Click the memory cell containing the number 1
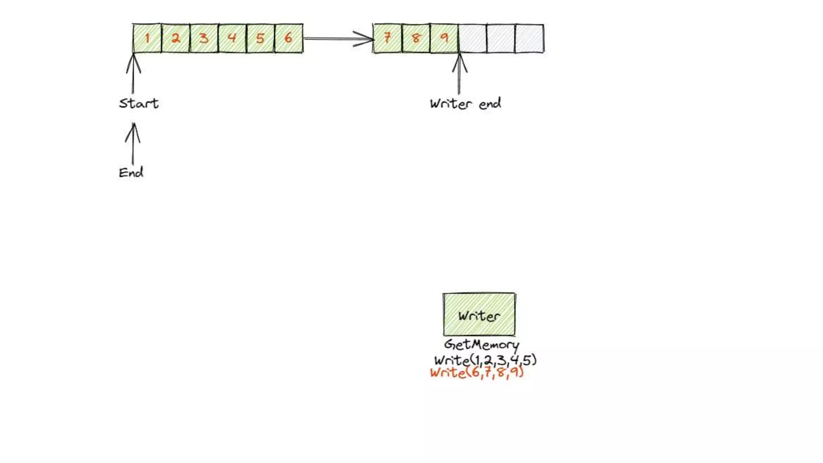[147, 38]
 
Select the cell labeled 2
[176, 38]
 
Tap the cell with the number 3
[204, 38]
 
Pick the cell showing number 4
[232, 38]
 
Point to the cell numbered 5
[260, 38]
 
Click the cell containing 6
[289, 38]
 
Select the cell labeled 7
[387, 38]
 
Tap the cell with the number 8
[416, 38]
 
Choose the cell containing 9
[444, 38]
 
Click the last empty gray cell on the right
[529, 38]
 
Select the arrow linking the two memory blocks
[338, 39]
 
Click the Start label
[139, 104]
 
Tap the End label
[131, 173]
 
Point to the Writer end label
[465, 104]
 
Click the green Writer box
[479, 314]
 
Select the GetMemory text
[481, 345]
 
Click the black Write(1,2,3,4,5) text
[485, 360]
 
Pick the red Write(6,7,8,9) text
[477, 373]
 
